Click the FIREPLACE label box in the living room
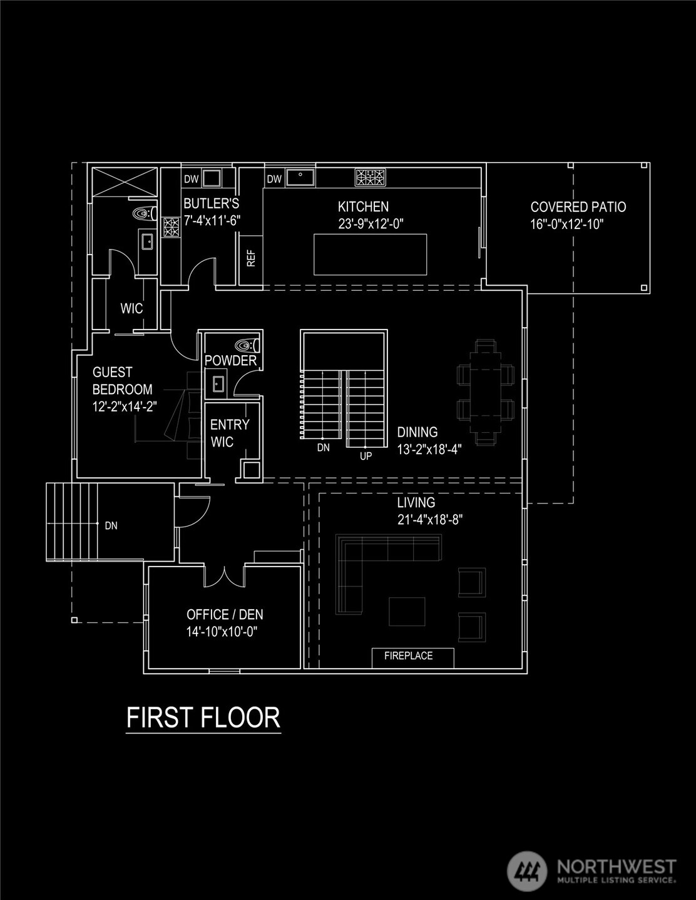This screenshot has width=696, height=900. coord(409,657)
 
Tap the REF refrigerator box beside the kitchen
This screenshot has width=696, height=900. coord(251,259)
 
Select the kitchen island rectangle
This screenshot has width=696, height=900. coord(370,254)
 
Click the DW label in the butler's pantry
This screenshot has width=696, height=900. coord(191,179)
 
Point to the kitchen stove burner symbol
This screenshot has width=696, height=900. coord(370,178)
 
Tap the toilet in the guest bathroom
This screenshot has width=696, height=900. coord(143,214)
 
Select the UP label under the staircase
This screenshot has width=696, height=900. coord(366,456)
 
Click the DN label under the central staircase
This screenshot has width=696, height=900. coord(323,448)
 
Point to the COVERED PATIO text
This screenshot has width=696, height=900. coord(578,207)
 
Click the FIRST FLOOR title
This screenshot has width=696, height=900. coord(203,717)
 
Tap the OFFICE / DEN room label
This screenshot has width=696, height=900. coord(225,615)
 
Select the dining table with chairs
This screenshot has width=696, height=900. coord(486,392)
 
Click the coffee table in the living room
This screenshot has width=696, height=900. coord(407,612)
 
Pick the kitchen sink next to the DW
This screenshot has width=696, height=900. coord(300,178)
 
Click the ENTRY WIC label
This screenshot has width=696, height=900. coord(230,433)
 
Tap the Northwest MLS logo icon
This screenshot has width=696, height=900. coord(526,871)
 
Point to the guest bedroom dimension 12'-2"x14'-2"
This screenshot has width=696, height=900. coord(125,406)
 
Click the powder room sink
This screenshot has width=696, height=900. coord(217,384)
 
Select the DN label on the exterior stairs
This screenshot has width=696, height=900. coord(111,526)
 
